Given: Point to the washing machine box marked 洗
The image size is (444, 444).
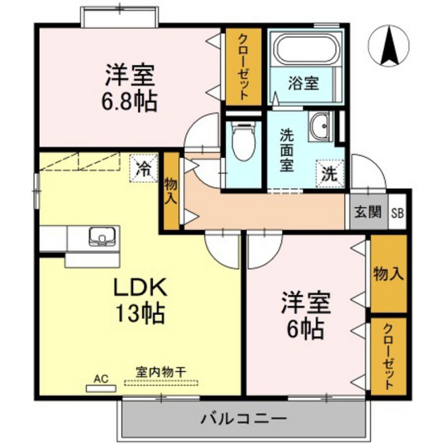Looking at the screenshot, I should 329,173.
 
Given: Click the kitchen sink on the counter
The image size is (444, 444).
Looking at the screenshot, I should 102,237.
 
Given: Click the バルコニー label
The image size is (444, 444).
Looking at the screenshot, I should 244,419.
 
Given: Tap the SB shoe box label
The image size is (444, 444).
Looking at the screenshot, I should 397,213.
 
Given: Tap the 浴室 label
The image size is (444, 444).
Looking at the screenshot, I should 304,83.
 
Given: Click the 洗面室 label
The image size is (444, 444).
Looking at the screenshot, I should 286,150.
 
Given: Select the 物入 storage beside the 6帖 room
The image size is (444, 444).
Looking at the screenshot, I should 388,274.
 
